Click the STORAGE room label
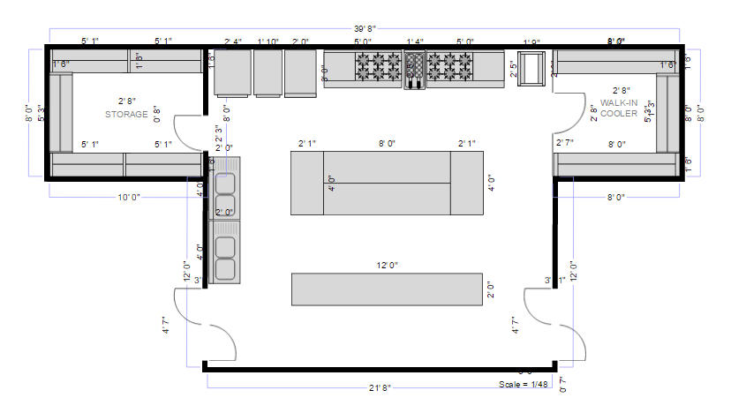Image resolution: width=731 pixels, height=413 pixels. pyautogui.click(x=127, y=115)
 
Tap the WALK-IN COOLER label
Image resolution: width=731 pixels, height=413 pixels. pyautogui.click(x=619, y=108)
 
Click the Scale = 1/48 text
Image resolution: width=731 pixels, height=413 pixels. pyautogui.click(x=524, y=385)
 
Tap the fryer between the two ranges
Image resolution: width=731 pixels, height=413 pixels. pyautogui.click(x=414, y=70)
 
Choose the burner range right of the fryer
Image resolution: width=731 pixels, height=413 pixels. pyautogui.click(x=450, y=67)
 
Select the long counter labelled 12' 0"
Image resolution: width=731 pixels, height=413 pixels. pyautogui.click(x=387, y=289)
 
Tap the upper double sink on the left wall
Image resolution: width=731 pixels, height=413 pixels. pyautogui.click(x=225, y=181)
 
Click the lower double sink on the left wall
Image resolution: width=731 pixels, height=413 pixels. pyautogui.click(x=225, y=257)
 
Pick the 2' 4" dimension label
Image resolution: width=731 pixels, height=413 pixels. pyautogui.click(x=233, y=41)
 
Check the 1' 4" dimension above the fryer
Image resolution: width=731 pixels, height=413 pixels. pyautogui.click(x=414, y=41)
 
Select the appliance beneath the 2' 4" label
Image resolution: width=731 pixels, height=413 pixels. pyautogui.click(x=233, y=71)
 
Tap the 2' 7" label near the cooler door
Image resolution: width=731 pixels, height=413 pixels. pyautogui.click(x=565, y=143)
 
